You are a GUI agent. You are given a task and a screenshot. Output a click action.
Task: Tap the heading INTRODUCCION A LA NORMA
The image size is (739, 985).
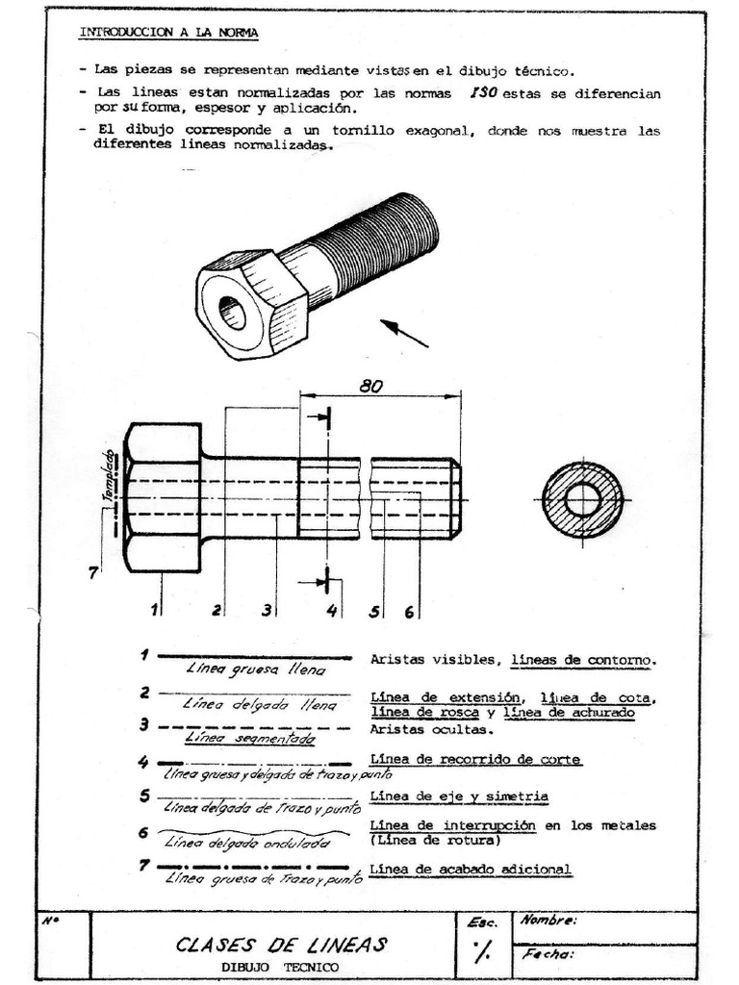click(168, 31)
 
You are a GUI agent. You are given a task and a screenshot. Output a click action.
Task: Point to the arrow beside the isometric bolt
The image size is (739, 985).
click(404, 333)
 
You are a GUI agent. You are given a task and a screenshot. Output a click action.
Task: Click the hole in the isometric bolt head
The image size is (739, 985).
click(232, 312)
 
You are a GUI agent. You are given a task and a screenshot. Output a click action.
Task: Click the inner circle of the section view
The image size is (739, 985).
click(582, 499)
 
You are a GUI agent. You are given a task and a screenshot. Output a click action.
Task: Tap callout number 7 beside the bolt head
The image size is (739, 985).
click(93, 573)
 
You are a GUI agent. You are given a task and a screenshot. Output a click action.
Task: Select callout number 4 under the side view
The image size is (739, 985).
click(331, 611)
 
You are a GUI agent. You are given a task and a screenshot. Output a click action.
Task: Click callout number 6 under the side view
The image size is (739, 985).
click(409, 611)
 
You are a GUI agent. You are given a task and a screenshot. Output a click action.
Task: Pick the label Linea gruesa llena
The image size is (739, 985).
click(255, 669)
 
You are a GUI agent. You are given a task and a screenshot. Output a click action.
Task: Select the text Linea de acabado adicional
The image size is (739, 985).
click(471, 870)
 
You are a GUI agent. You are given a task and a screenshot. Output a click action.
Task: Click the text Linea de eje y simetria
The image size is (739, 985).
click(459, 796)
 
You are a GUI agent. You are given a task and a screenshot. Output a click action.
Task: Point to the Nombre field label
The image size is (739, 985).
click(548, 921)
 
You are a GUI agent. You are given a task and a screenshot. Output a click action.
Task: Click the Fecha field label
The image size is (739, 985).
click(547, 955)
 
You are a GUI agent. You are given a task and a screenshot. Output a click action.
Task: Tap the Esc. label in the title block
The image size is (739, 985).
click(481, 922)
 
